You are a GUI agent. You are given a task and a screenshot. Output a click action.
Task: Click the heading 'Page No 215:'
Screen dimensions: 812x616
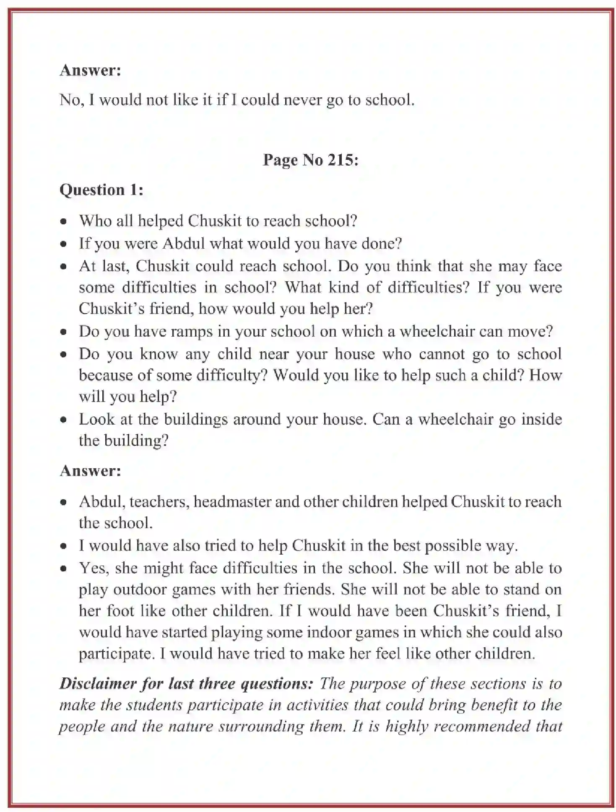(310, 160)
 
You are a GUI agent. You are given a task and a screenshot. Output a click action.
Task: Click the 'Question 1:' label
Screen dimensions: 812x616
(101, 190)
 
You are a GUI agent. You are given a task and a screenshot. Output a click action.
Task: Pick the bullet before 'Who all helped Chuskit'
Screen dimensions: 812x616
(64, 221)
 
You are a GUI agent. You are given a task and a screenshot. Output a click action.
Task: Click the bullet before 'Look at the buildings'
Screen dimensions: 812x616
(64, 420)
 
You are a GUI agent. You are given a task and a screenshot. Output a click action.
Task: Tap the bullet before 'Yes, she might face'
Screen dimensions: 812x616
(64, 569)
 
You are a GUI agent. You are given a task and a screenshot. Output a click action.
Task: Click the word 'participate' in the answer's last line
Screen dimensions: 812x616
(114, 654)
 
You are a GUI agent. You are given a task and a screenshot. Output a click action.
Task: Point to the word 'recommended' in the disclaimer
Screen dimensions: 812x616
(482, 726)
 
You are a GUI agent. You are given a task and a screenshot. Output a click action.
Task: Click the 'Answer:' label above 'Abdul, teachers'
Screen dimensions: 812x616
(91, 471)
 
